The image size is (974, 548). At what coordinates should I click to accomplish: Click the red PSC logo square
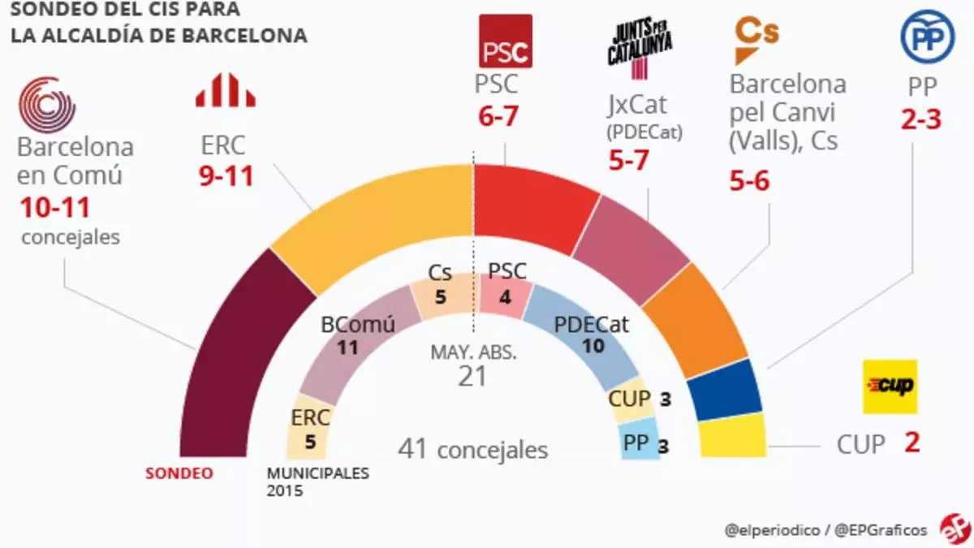point(506,41)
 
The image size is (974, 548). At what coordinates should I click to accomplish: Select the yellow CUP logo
point(890,386)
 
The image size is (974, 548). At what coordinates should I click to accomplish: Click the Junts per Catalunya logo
point(640,45)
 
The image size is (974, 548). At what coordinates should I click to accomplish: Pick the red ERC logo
point(225,90)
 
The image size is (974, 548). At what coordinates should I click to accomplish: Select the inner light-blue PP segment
point(640,442)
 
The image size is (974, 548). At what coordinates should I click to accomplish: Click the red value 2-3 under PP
point(920,120)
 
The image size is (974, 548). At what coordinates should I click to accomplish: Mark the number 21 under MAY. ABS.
point(472,376)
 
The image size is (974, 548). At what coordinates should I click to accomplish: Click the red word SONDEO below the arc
point(179,473)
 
